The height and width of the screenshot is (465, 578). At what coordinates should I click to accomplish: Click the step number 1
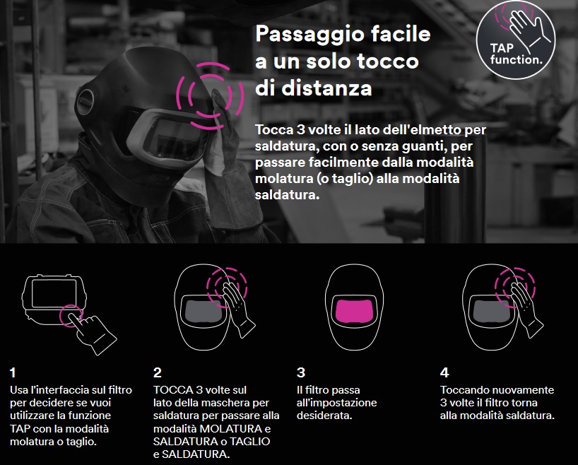(13, 372)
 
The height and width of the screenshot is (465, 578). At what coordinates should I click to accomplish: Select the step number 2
(157, 372)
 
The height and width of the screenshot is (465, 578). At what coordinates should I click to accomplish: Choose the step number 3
(301, 372)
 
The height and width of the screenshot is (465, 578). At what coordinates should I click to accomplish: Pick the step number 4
(444, 372)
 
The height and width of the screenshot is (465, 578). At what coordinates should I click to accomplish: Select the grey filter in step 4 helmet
(488, 312)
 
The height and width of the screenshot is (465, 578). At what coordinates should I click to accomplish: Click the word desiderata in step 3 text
(324, 416)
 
